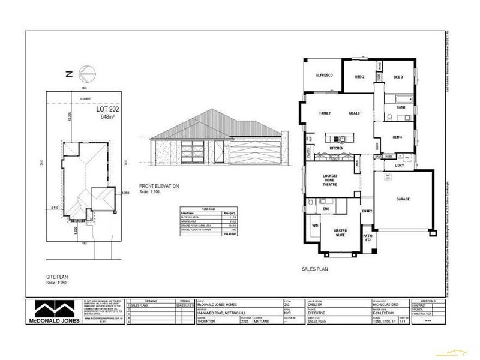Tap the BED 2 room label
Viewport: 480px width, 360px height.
pyautogui.click(x=360, y=77)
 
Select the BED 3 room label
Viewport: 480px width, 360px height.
pyautogui.click(x=398, y=77)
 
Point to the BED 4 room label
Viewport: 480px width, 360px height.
pyautogui.click(x=397, y=137)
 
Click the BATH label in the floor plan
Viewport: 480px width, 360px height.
pyautogui.click(x=400, y=107)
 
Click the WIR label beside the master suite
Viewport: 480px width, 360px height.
pyautogui.click(x=314, y=227)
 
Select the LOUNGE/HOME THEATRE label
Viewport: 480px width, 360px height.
pyautogui.click(x=329, y=179)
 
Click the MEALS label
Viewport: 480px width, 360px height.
pyautogui.click(x=354, y=113)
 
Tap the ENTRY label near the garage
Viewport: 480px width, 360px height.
pyautogui.click(x=367, y=211)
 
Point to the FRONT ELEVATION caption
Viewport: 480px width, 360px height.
pyautogui.click(x=159, y=187)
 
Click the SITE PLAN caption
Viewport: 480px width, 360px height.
pyautogui.click(x=58, y=278)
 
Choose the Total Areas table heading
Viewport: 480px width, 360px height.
pyautogui.click(x=206, y=206)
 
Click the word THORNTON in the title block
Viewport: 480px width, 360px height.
pyautogui.click(x=207, y=321)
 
